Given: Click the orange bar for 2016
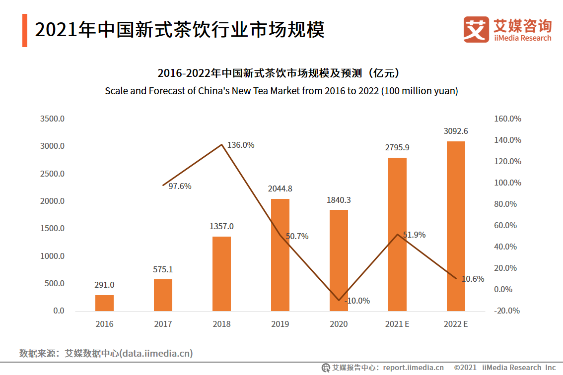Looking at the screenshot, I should click(x=104, y=303).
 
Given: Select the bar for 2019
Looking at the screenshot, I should click(x=280, y=255).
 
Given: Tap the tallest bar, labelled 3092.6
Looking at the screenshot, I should click(x=456, y=226).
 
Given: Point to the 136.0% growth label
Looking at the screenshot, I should click(x=241, y=145).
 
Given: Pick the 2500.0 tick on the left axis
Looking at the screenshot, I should click(x=52, y=174).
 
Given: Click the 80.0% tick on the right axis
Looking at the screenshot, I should click(x=505, y=204).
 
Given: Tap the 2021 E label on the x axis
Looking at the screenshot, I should click(x=397, y=324).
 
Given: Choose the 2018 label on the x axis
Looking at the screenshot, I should click(x=221, y=324).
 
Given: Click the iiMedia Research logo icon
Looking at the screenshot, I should click(x=476, y=29).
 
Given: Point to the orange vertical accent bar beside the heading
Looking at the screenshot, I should click(x=25, y=31).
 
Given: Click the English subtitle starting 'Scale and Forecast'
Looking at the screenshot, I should click(x=281, y=91).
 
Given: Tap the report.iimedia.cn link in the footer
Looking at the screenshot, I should click(x=414, y=368).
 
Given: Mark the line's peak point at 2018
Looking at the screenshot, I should click(x=221, y=144).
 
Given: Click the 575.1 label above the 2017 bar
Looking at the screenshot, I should click(x=163, y=269).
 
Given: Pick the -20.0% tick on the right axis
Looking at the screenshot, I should click(x=505, y=311).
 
